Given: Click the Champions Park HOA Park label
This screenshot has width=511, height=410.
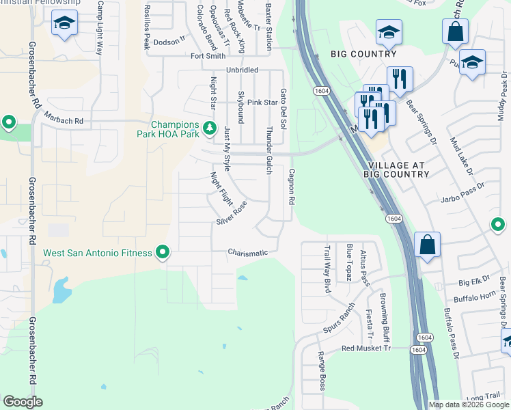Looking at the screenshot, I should [x=174, y=129].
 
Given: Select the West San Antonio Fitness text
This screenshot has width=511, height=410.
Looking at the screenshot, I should [x=98, y=253].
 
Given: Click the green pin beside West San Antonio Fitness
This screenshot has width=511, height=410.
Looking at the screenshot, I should [x=163, y=253].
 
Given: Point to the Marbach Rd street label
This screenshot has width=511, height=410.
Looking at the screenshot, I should [x=65, y=121].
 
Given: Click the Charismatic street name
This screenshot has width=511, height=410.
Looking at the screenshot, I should [x=247, y=253].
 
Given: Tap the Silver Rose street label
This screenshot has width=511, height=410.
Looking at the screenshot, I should [x=232, y=213].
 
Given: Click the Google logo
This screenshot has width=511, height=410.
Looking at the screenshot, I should [x=23, y=402].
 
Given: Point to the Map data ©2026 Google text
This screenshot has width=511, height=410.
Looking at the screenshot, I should [x=469, y=405].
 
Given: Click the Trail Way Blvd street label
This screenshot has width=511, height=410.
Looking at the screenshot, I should [x=327, y=269].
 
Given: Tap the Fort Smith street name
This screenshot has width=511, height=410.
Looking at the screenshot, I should [x=207, y=56].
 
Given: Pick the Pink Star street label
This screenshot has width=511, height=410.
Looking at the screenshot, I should [x=262, y=102].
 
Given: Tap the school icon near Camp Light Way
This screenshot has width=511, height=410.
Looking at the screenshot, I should [x=65, y=23].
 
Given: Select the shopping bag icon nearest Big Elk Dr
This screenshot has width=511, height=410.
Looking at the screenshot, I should [x=427, y=245].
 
